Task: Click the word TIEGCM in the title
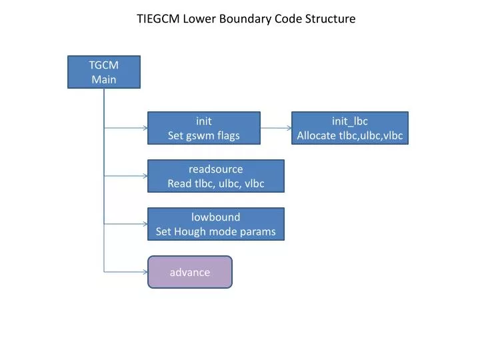pyautogui.click(x=158, y=19)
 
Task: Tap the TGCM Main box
pyautogui.click(x=104, y=72)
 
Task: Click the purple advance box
pyautogui.click(x=190, y=272)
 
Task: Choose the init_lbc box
pyautogui.click(x=350, y=128)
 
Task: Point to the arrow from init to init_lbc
pyautogui.click(x=276, y=128)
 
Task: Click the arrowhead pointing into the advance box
pyautogui.click(x=145, y=272)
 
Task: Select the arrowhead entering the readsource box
pyautogui.click(x=145, y=176)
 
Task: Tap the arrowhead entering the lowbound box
pyautogui.click(x=145, y=224)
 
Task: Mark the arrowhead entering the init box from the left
pyautogui.click(x=145, y=128)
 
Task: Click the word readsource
pyautogui.click(x=216, y=169)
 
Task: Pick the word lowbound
pyautogui.click(x=216, y=217)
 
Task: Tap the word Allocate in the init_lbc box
pyautogui.click(x=316, y=135)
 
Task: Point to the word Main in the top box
pyautogui.click(x=104, y=79)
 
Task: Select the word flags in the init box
pyautogui.click(x=229, y=136)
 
